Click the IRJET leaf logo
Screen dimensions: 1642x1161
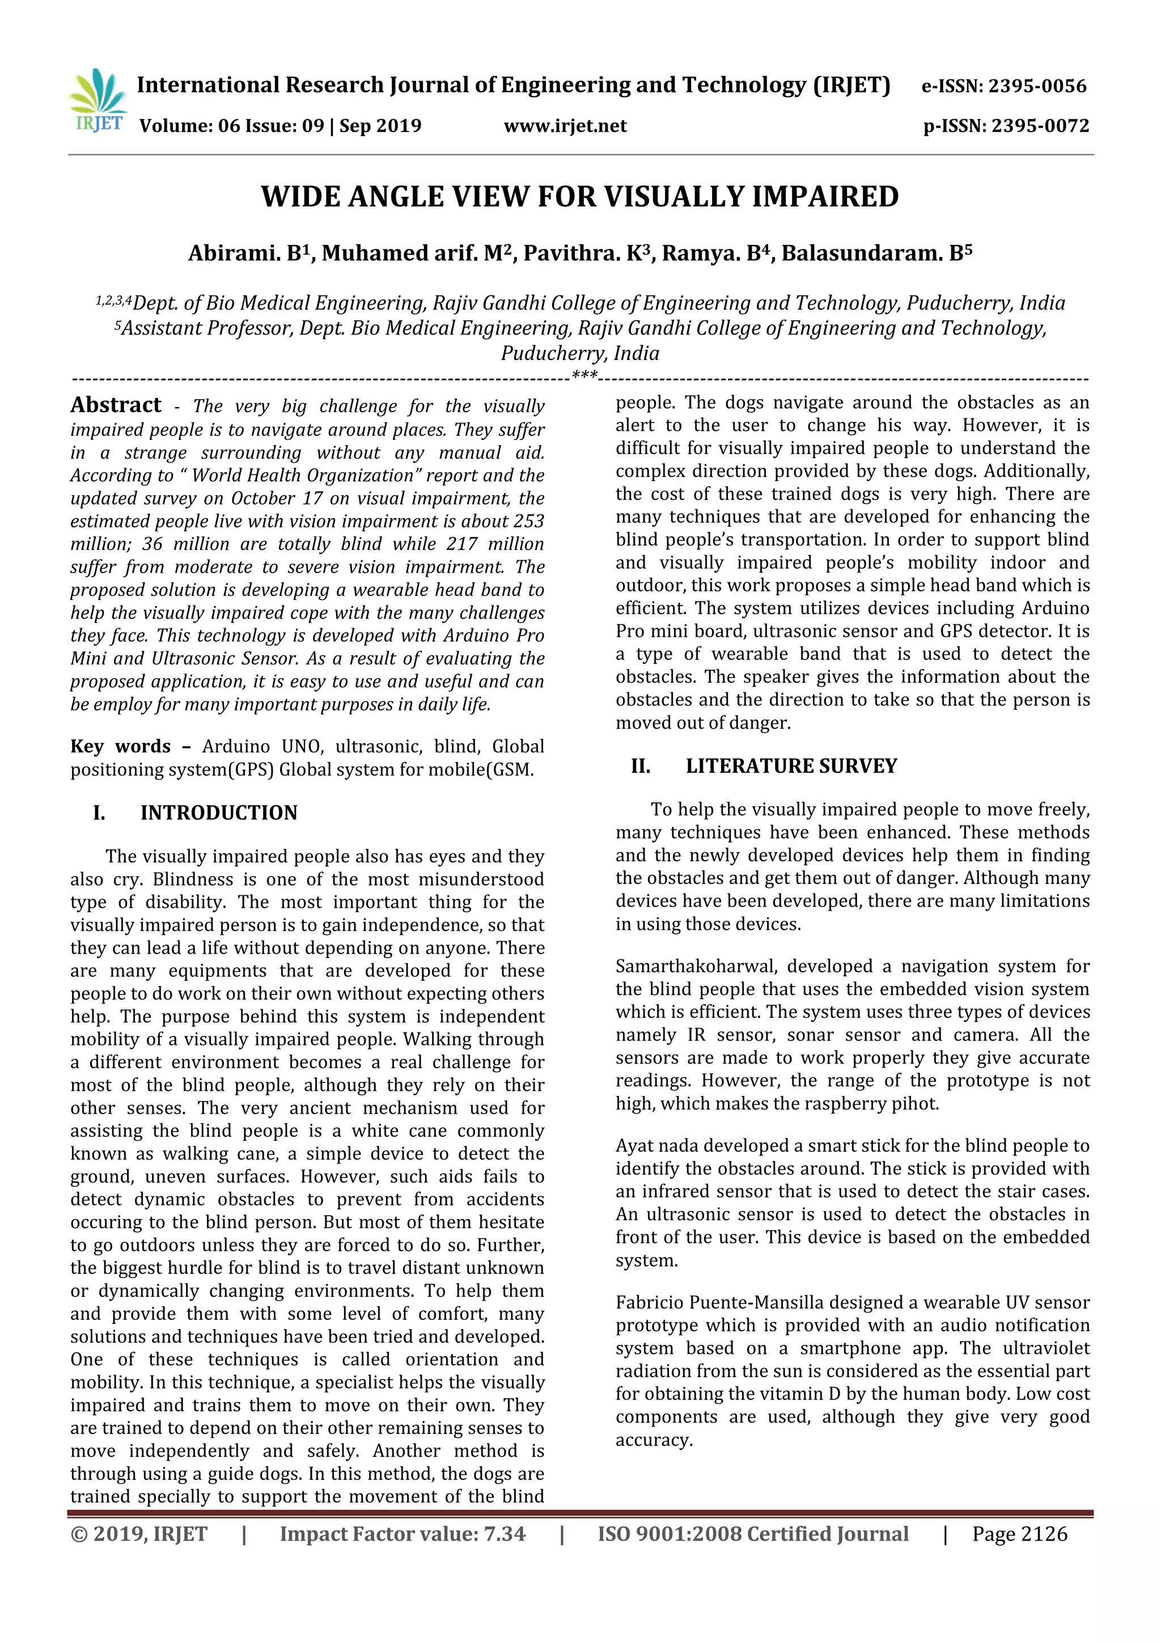(x=99, y=101)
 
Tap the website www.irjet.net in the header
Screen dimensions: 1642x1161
(x=565, y=126)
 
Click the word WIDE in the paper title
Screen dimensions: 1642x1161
(x=299, y=197)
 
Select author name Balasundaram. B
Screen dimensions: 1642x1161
(x=871, y=254)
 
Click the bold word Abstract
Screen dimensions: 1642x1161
(x=116, y=405)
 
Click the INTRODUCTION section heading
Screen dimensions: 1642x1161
(x=218, y=813)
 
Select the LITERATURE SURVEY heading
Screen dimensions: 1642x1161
(x=791, y=767)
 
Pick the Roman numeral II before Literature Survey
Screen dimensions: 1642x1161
(x=641, y=767)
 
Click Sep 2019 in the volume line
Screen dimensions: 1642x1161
(x=380, y=126)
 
